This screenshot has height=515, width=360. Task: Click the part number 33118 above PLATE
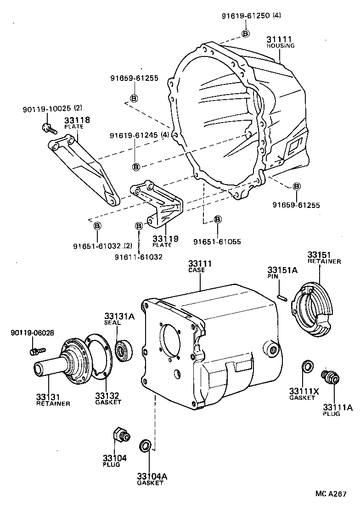(77, 120)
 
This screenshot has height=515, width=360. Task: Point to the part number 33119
(165, 239)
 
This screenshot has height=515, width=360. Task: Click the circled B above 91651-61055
(218, 218)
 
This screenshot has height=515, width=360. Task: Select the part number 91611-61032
(139, 257)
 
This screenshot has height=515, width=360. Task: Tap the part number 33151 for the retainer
(319, 255)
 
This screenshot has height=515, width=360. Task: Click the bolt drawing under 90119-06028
(35, 352)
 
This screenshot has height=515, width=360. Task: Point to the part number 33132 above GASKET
(107, 395)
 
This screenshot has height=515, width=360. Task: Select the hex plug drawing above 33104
(120, 434)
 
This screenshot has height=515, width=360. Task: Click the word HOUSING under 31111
(281, 46)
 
